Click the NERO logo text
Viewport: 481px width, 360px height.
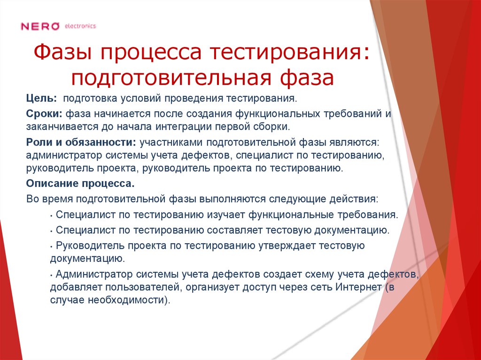coord(40,26)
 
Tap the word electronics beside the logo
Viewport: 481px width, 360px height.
coord(80,26)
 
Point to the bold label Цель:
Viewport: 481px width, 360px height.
coord(42,99)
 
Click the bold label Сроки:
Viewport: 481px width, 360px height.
coord(45,114)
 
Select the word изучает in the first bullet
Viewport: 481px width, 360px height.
coord(225,215)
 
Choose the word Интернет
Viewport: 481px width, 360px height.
coord(357,287)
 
